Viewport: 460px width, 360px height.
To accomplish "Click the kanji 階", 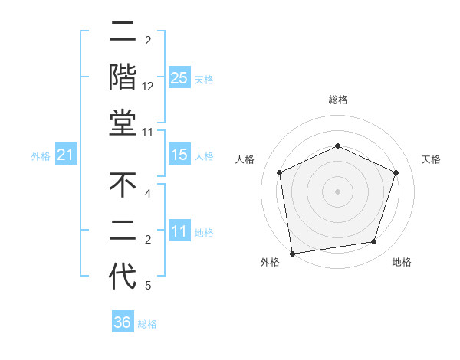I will (x=123, y=78).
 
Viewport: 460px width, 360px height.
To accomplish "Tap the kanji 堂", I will (x=123, y=124).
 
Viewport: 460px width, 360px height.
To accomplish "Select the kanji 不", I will (x=123, y=185).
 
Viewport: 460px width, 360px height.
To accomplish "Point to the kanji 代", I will (x=123, y=276).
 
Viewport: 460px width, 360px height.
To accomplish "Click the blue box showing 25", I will (x=179, y=78).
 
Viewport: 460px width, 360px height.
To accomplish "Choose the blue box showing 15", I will (x=179, y=155).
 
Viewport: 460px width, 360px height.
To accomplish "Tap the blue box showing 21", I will (x=66, y=155).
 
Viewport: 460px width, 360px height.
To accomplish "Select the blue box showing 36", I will (x=123, y=322).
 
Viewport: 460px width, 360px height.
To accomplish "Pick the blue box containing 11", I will (x=179, y=232).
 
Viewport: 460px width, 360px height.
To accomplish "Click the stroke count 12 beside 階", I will (x=148, y=87).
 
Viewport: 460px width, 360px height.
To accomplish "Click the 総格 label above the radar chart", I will (x=338, y=100).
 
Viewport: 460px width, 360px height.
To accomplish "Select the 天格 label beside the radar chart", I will (x=432, y=159).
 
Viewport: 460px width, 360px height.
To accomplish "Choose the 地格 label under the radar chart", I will (x=402, y=262).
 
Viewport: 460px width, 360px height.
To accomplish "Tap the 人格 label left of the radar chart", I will (x=245, y=159).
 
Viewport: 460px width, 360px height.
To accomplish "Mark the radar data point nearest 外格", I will (x=292, y=253).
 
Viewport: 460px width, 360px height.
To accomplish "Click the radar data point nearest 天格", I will (x=396, y=172).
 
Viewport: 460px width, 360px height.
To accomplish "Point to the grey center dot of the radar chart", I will (x=338, y=191).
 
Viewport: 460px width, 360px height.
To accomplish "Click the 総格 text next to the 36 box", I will (x=147, y=324).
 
